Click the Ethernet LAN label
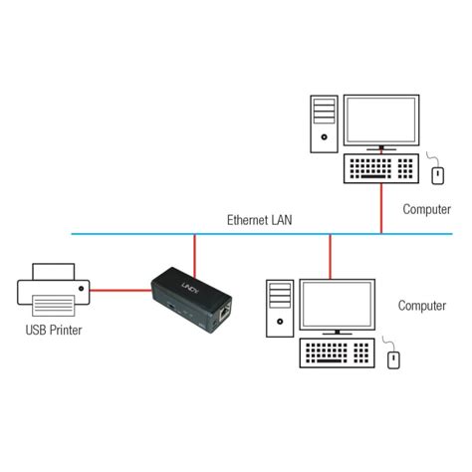tap(259, 220)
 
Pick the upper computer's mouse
tap(437, 175)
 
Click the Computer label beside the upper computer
tap(426, 210)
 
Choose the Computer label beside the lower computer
tap(422, 306)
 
